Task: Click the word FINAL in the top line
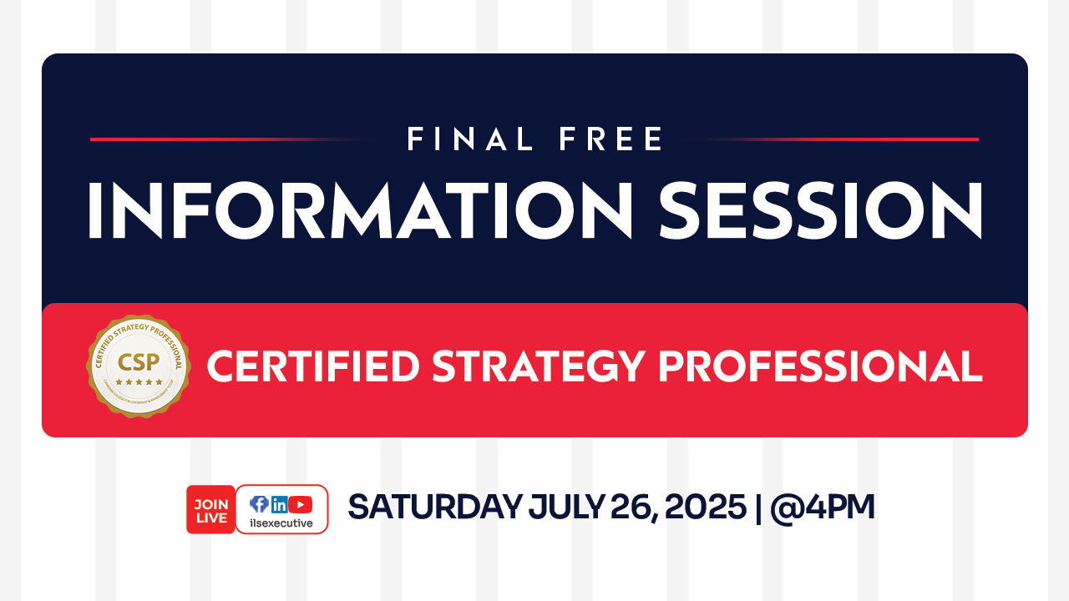coord(470,139)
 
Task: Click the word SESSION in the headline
coord(820,210)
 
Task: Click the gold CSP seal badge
coord(139,366)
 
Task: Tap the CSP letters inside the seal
coord(139,362)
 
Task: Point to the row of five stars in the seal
coord(139,382)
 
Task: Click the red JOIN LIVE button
coord(210,509)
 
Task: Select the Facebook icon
coord(259,504)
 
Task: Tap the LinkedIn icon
coord(280,504)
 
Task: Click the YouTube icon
coord(301,504)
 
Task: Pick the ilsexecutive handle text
coord(281,523)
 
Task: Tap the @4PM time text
coord(823,508)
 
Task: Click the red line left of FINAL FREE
coord(225,139)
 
